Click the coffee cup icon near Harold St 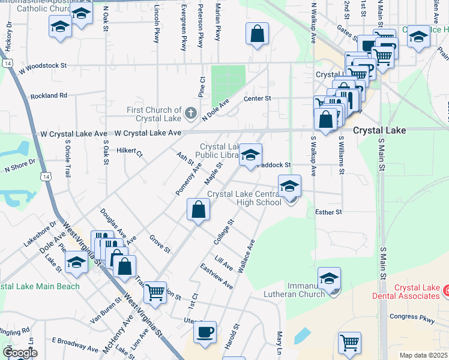click(x=205, y=331)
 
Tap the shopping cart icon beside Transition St click(x=155, y=292)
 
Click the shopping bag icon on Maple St click(x=197, y=210)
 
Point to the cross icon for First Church click(x=190, y=113)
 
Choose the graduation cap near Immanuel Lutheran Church click(x=329, y=278)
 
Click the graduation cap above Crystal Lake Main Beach click(x=76, y=262)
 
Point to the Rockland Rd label click(x=49, y=95)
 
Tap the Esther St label click(x=328, y=212)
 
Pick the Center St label click(x=258, y=98)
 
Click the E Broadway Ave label click(x=75, y=344)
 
